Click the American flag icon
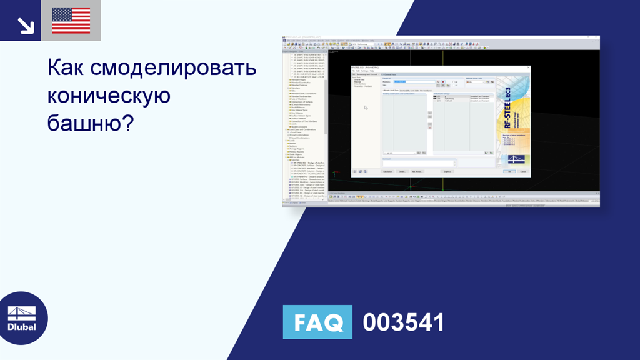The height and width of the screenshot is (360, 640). point(71,21)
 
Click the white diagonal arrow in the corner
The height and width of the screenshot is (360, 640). point(26,25)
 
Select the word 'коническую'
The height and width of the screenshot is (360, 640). point(109,96)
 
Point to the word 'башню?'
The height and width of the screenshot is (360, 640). point(91,123)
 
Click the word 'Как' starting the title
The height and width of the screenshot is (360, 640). point(66,67)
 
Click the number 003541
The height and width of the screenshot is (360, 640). point(404,322)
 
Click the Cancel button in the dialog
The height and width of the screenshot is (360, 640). point(523,171)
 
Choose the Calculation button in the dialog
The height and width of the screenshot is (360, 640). point(387,171)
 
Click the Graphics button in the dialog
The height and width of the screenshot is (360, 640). point(447,171)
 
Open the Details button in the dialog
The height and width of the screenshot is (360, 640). point(402,171)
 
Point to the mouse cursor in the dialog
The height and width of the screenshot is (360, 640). point(366,107)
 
